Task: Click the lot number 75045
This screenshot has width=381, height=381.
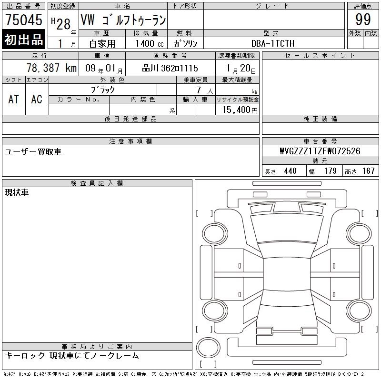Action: [x=23, y=20]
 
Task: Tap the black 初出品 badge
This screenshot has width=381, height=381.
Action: [x=23, y=39]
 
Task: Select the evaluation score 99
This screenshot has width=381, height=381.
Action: [x=363, y=20]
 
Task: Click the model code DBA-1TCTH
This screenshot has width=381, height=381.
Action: [x=273, y=43]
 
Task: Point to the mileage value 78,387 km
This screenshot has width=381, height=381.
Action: [x=51, y=68]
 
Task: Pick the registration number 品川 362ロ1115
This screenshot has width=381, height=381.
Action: [x=170, y=68]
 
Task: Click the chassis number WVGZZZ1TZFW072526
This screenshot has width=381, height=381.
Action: [x=320, y=151]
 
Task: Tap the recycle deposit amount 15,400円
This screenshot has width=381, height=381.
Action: [x=240, y=110]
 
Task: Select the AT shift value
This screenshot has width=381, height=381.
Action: [x=14, y=99]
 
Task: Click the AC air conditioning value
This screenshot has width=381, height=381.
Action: [x=37, y=99]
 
